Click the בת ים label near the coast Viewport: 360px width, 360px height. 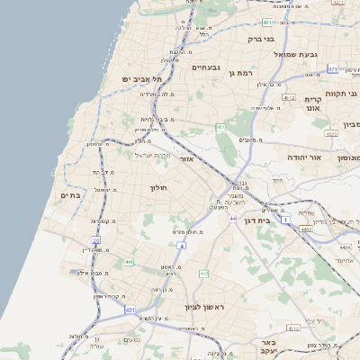(70, 194)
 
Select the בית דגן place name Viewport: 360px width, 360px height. (256, 220)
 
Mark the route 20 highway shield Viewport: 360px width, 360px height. (96, 240)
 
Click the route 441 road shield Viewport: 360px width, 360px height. (130, 262)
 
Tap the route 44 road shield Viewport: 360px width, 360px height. (232, 219)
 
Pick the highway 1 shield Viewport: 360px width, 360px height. (286, 220)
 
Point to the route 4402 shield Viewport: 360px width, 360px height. (306, 229)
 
